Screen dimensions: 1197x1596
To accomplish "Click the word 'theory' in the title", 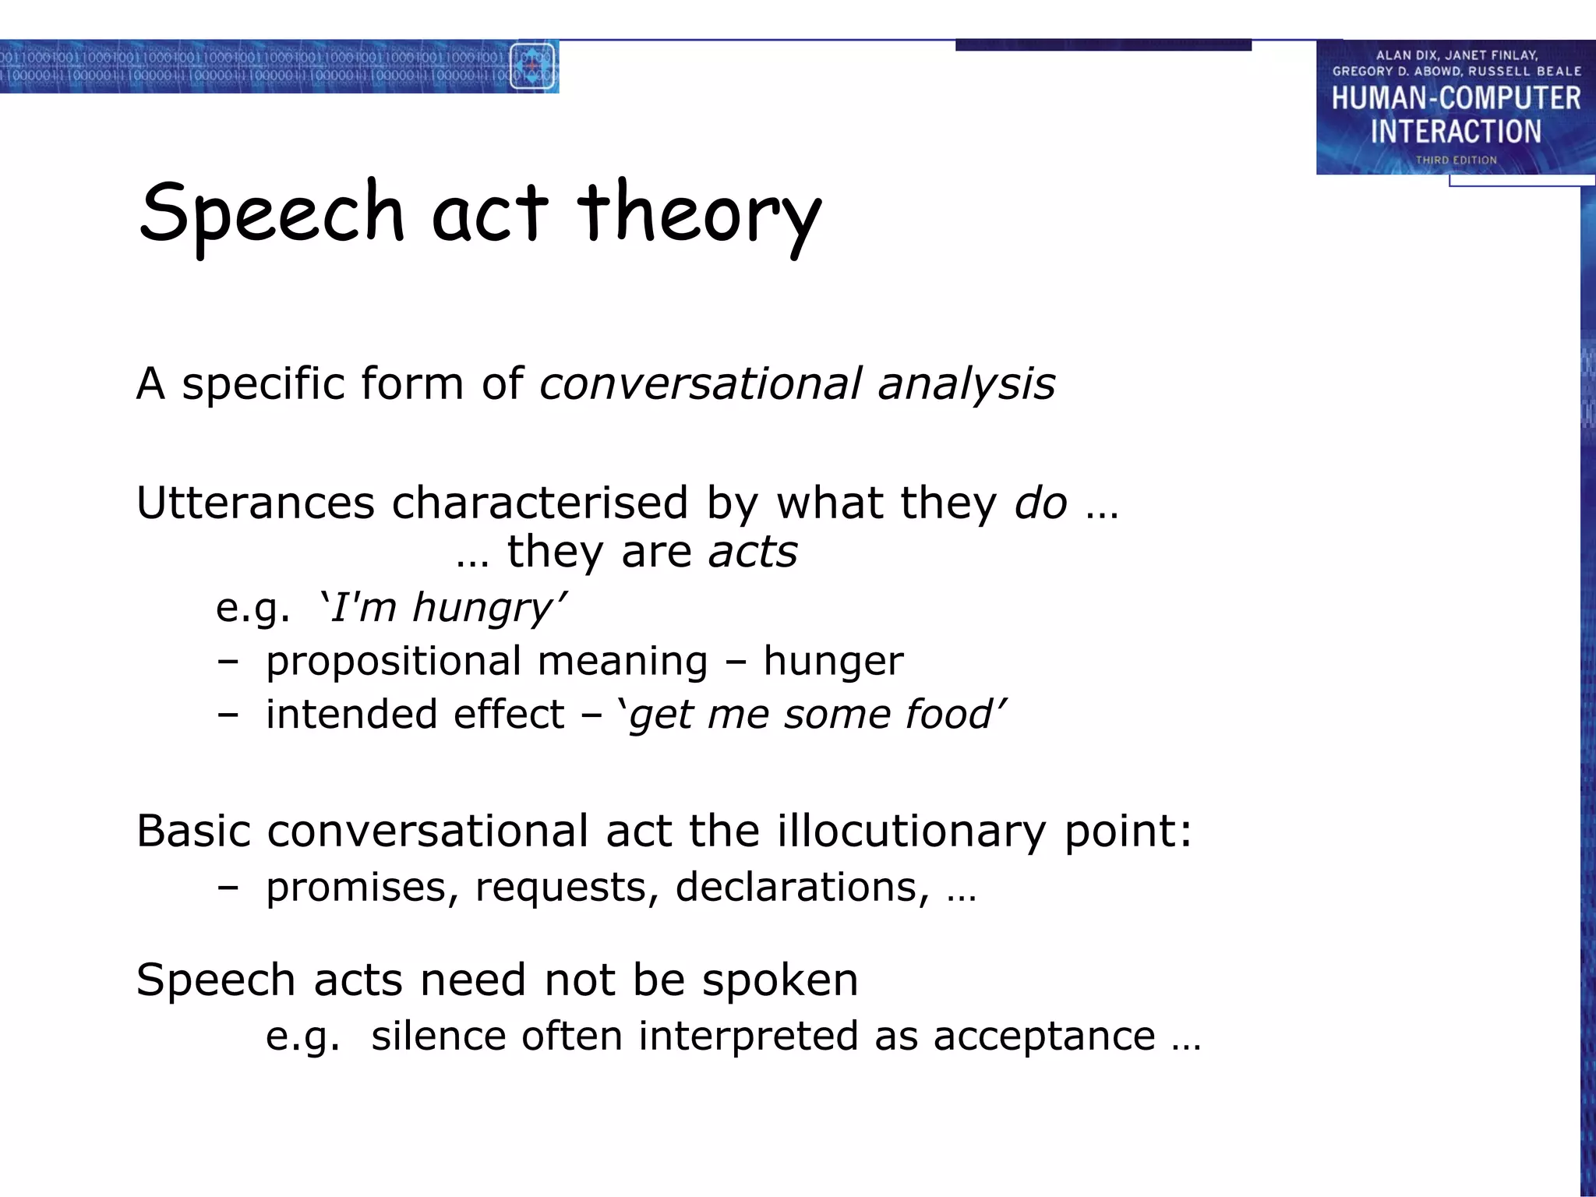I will pos(699,214).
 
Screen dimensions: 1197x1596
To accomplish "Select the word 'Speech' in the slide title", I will pos(272,214).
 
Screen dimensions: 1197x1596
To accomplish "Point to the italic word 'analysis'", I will pos(966,383).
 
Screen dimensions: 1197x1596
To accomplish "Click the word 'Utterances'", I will pos(256,503).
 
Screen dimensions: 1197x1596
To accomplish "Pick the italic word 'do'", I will pos(1040,503).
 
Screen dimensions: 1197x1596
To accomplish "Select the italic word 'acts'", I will pos(753,553).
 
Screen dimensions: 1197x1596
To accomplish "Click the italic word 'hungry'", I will pos(482,608).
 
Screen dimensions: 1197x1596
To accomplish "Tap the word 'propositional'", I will pos(394,662).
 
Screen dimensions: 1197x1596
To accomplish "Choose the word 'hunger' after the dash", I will pos(833,662).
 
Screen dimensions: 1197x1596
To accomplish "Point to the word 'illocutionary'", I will pos(911,831).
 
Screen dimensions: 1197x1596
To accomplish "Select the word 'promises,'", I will pos(362,888).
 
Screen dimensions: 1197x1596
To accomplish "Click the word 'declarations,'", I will pos(803,888).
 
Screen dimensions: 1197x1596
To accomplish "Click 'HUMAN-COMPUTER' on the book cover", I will pos(1456,99).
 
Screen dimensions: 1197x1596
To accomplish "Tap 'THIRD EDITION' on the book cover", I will pos(1456,160).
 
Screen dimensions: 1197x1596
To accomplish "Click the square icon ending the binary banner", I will pos(532,67).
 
